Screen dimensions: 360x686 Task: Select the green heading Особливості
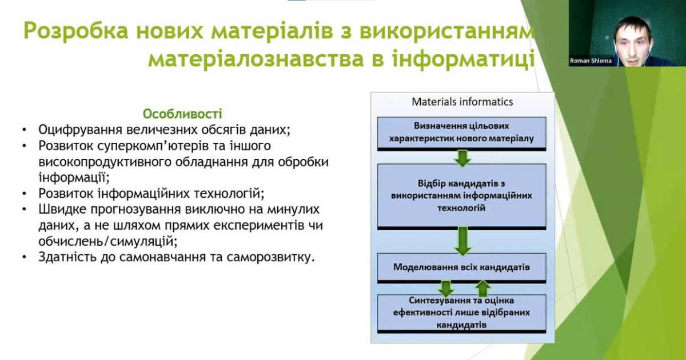tap(182, 114)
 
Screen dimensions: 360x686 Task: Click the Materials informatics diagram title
tap(462, 102)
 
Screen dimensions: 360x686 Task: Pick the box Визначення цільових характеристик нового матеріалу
tap(461, 132)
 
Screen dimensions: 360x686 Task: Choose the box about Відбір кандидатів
tap(461, 195)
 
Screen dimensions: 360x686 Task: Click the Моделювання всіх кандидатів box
tap(461, 267)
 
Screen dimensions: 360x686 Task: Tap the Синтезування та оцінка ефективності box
tap(461, 312)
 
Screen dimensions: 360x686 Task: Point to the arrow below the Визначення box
tap(461, 157)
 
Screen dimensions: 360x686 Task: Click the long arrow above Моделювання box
tap(462, 241)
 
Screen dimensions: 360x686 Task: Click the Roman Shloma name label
tap(591, 61)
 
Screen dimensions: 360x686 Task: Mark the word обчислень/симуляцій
tap(105, 241)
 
